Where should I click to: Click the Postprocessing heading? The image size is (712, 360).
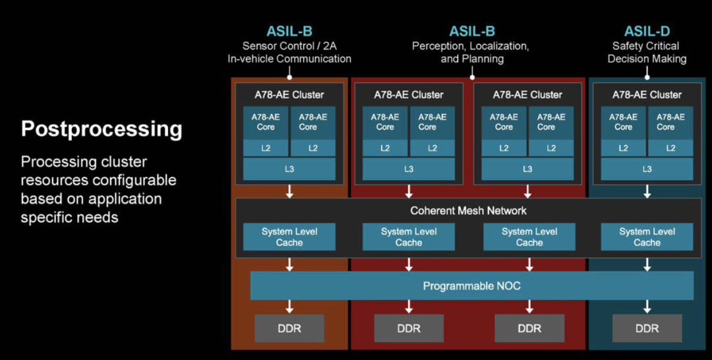(102, 129)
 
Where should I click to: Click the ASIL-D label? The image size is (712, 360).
(647, 32)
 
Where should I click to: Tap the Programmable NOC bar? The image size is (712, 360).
(472, 285)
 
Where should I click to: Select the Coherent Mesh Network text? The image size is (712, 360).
(468, 210)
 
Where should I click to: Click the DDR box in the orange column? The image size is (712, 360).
(289, 328)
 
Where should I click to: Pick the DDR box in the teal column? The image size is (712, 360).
(647, 328)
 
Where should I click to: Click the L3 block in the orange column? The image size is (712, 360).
(289, 169)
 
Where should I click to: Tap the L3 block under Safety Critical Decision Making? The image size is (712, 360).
(647, 169)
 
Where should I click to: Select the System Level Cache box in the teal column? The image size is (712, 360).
(647, 237)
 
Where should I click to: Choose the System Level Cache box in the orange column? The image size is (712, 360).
(289, 237)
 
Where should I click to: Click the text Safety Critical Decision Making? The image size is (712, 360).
(647, 52)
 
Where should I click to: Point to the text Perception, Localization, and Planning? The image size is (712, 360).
(471, 52)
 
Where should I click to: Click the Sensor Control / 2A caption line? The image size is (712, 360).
(289, 46)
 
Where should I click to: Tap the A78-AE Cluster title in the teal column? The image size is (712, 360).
(647, 95)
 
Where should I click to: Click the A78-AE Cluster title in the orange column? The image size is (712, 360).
(289, 95)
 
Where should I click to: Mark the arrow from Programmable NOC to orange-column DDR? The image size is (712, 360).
(289, 307)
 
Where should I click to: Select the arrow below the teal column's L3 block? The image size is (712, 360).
(647, 191)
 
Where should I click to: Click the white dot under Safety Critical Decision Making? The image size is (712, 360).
(647, 77)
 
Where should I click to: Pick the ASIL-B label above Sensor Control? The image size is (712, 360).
(289, 32)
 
